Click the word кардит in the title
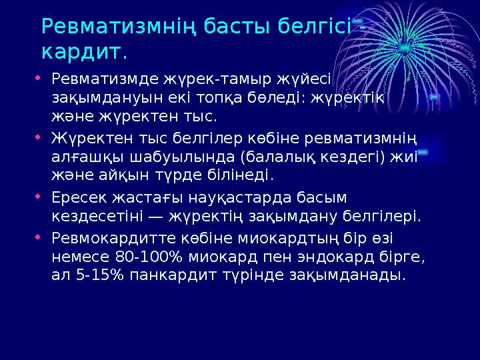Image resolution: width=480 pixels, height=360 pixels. [81, 51]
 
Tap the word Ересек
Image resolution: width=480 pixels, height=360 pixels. [76, 198]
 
